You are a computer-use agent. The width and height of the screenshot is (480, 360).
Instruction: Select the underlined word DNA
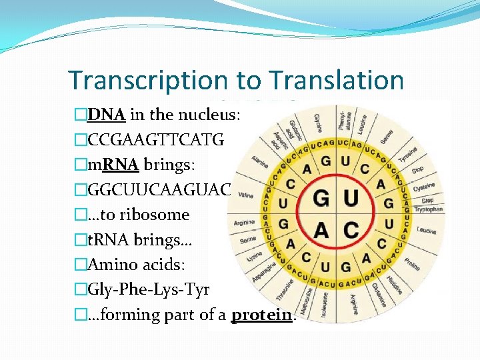point(107,114)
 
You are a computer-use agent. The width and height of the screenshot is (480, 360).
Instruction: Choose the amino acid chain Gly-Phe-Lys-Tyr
point(148,289)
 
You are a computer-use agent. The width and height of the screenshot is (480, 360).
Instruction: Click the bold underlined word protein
point(261,315)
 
